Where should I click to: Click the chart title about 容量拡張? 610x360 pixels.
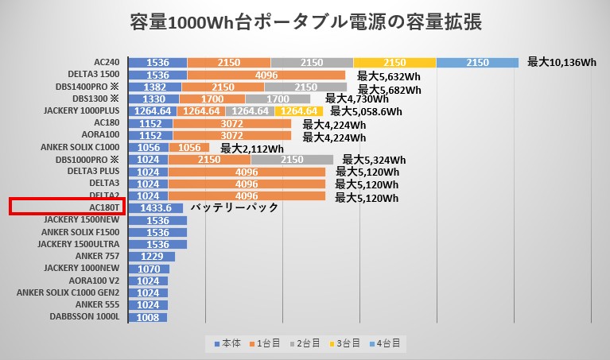[305, 22]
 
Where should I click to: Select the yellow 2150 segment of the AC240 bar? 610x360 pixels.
[394, 63]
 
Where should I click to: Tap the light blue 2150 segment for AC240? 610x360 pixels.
[477, 63]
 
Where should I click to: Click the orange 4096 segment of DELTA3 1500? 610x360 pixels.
[266, 75]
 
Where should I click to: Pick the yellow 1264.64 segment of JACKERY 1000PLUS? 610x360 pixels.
[299, 111]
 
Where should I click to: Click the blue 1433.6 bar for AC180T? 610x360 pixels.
[155, 207]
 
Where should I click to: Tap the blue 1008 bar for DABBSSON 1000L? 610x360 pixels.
[147, 316]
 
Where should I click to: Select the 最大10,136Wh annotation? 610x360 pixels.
[561, 62]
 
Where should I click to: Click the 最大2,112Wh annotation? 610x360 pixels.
[252, 148]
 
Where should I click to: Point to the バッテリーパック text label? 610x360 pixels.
[237, 207]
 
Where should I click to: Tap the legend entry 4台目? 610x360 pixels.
[389, 343]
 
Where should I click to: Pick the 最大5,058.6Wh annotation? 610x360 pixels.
[368, 111]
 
